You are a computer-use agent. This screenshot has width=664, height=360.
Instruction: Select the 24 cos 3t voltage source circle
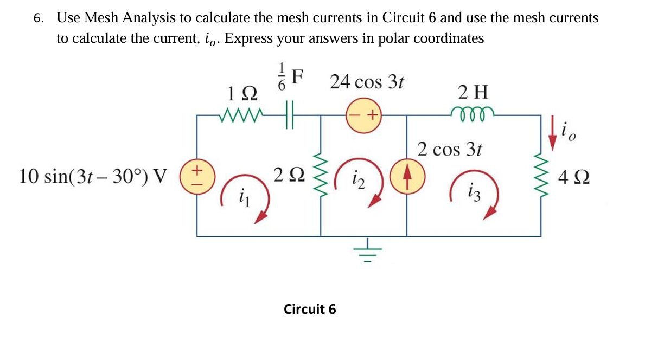365,115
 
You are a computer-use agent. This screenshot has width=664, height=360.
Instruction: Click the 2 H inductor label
473,92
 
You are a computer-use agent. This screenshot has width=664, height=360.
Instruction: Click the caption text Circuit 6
310,309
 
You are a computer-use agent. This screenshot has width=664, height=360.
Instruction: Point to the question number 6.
37,18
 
